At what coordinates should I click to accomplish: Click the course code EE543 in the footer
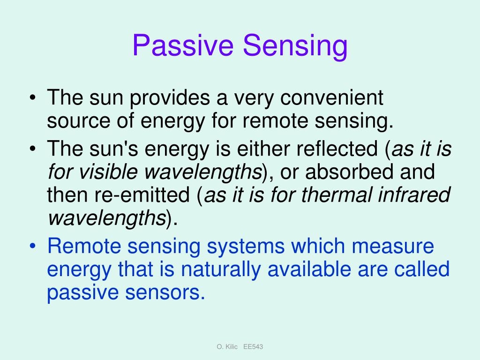pos(254,346)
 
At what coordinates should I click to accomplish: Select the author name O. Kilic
pos(228,346)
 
